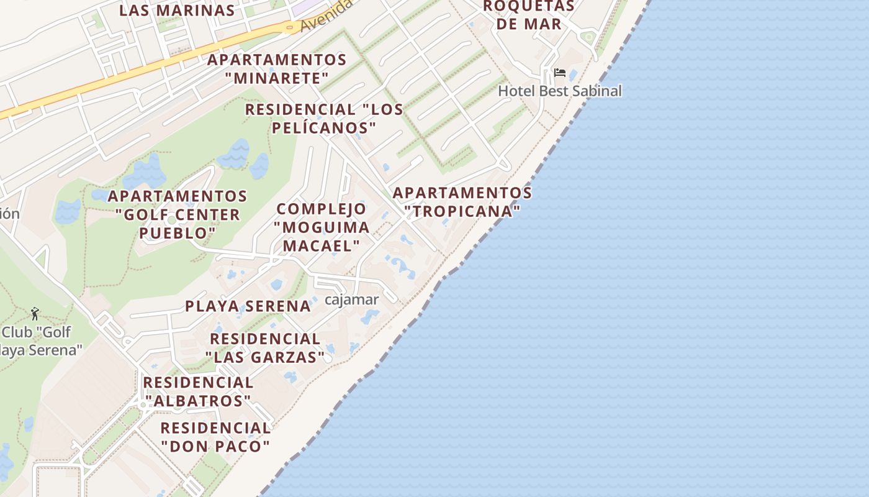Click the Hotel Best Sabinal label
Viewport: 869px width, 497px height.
[x=559, y=91]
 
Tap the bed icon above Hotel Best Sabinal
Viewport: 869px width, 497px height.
[x=559, y=73]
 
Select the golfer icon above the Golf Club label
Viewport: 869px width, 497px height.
[x=35, y=314]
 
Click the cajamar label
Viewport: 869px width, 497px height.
[x=351, y=299]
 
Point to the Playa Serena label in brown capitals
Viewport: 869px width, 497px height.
[x=248, y=306]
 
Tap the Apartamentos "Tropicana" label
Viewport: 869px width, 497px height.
[x=462, y=202]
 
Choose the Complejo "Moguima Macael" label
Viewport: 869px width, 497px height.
[x=322, y=227]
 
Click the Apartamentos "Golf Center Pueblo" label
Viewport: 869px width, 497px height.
[x=178, y=214]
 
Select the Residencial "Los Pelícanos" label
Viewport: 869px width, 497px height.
[x=324, y=118]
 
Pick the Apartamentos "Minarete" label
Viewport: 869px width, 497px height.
[x=277, y=69]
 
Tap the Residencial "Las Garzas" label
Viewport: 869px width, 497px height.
[x=265, y=348]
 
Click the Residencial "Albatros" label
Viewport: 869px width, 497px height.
[x=198, y=391]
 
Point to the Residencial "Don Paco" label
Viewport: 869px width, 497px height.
[x=215, y=437]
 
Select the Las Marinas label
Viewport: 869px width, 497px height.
[x=177, y=11]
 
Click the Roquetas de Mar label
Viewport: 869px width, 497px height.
[x=529, y=16]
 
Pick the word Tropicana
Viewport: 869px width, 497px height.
[x=462, y=211]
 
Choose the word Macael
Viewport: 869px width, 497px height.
[x=321, y=245]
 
